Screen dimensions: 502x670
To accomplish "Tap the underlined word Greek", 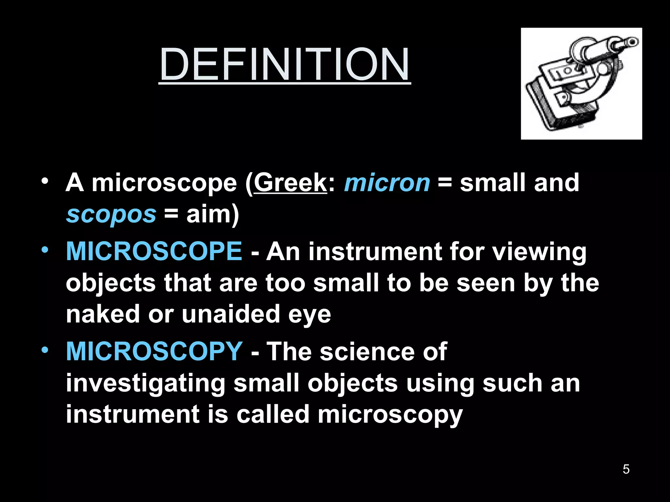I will coord(290,183).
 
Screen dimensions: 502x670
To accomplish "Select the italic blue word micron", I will coord(387,183).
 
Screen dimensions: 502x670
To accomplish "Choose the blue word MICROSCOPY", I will coord(154,351).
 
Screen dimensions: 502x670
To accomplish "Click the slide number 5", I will coord(626,469).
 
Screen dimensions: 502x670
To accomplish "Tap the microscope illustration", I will coord(581,84).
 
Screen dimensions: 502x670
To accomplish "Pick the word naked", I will coord(103,314).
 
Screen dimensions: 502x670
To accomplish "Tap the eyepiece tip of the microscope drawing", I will coord(633,42).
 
